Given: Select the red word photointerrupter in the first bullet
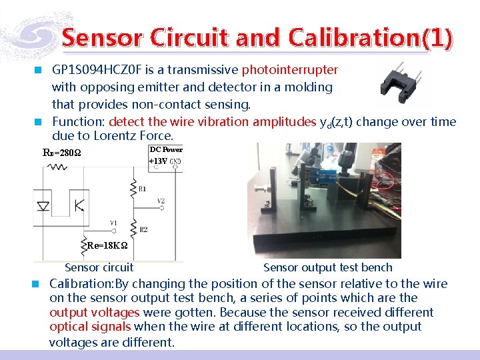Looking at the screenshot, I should pos(289,70).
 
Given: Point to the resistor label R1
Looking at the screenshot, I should pos(142,189).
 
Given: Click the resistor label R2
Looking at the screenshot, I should pos(143,230).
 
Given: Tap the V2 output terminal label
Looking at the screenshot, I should pos(161,200).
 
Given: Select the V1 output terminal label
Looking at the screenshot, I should pos(114,223).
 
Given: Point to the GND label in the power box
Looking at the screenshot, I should pos(175,162).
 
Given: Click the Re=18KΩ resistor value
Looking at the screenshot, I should pos(107,246).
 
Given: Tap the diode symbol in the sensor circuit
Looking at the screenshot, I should pos(43,206).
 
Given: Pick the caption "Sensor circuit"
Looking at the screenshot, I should pos(99,268).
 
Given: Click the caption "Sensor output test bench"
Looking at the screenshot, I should pos(327,268).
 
